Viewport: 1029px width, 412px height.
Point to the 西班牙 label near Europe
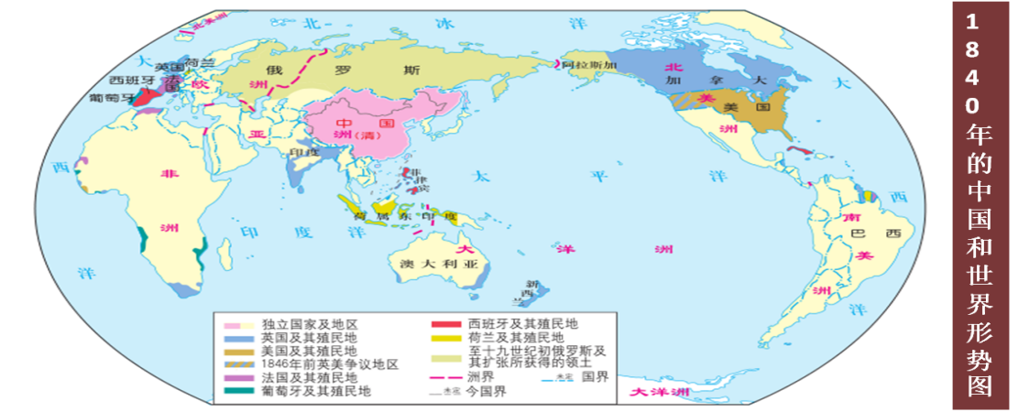pyautogui.click(x=128, y=80)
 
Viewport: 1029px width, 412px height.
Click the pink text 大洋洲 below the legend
pyautogui.click(x=659, y=393)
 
